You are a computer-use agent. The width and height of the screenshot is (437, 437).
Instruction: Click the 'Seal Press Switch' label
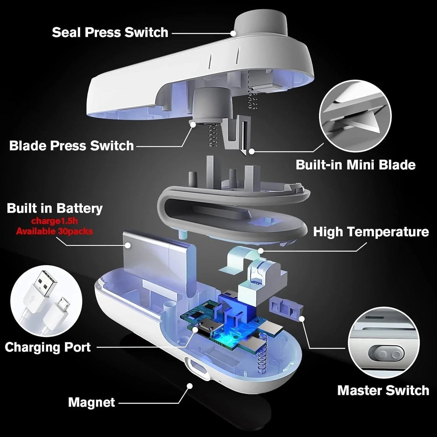(x=110, y=32)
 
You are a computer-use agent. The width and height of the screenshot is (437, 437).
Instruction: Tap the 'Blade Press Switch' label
(x=71, y=145)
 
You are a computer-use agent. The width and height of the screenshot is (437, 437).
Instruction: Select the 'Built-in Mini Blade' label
(x=355, y=165)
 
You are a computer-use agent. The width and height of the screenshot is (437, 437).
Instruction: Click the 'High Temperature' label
(x=371, y=232)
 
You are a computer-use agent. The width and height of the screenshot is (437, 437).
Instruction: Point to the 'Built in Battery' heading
(x=55, y=208)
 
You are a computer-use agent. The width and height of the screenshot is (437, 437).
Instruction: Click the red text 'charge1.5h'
(x=54, y=221)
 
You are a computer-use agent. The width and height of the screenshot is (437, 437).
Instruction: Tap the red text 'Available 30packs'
(x=54, y=231)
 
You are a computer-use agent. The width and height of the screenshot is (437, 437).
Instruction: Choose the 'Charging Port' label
(x=48, y=347)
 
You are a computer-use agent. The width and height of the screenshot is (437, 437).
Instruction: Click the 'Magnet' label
(x=91, y=402)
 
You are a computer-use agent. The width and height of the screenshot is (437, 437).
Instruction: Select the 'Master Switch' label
(x=383, y=390)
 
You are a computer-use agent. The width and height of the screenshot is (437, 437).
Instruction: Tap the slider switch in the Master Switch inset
(x=386, y=354)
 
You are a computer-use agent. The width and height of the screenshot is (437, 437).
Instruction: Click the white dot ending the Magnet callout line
(x=190, y=386)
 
